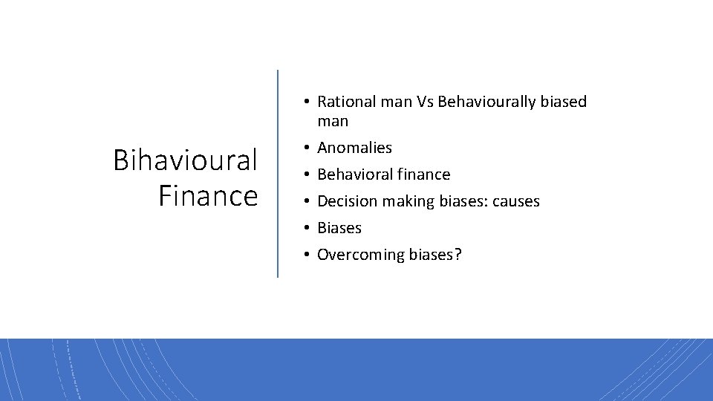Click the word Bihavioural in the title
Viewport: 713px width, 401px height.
pyautogui.click(x=185, y=160)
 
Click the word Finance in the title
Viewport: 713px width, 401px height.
pyautogui.click(x=208, y=196)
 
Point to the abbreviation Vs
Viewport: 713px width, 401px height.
pyautogui.click(x=426, y=102)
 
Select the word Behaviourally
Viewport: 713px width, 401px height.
pyautogui.click(x=488, y=102)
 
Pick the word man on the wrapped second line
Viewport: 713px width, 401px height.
pyautogui.click(x=333, y=121)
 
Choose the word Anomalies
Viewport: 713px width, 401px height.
pyautogui.click(x=354, y=148)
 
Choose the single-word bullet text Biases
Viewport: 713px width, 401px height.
pyautogui.click(x=339, y=228)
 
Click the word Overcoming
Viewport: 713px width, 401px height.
pyautogui.click(x=361, y=255)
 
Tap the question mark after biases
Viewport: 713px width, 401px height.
pyautogui.click(x=458, y=255)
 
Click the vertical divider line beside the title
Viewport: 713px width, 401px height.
pyautogui.click(x=278, y=174)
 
